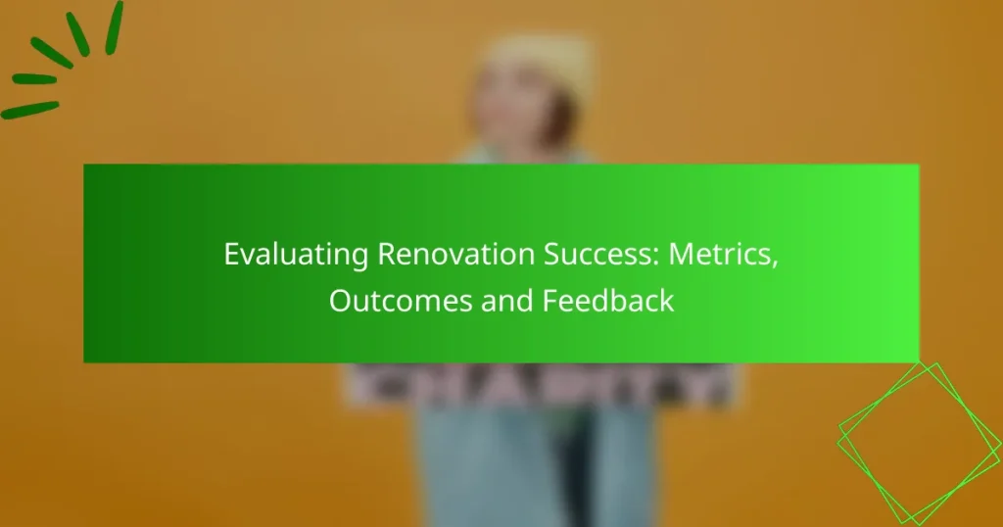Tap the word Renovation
[x=426, y=254]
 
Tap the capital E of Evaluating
[x=231, y=254]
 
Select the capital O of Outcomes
[x=340, y=300]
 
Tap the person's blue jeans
[x=529, y=460]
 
